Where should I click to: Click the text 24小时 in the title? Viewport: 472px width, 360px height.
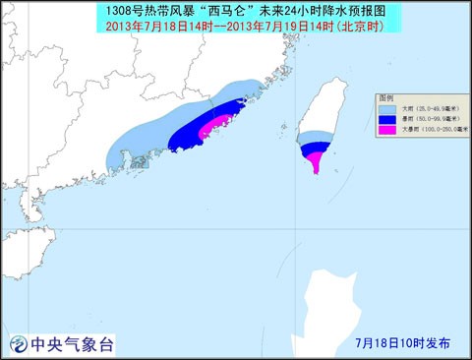click(x=288, y=10)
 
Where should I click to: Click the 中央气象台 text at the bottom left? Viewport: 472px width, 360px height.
click(x=73, y=343)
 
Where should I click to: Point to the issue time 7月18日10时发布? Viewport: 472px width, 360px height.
click(x=402, y=343)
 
